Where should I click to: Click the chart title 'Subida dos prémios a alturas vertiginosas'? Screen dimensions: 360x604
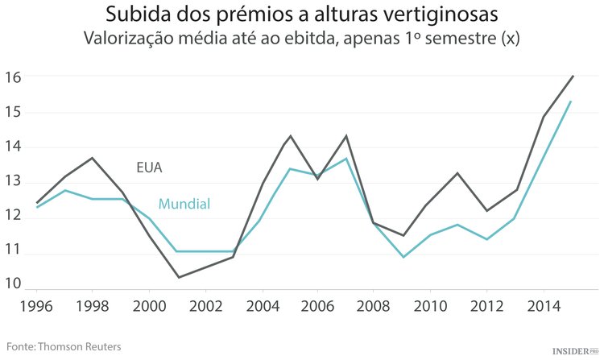(x=302, y=14)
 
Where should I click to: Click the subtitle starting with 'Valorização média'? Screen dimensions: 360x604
(x=302, y=39)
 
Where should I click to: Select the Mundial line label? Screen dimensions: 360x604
(x=184, y=204)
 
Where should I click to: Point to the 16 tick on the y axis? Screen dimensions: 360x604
(x=12, y=77)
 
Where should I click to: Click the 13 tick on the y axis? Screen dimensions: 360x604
(x=12, y=184)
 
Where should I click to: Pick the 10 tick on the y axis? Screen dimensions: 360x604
(x=12, y=284)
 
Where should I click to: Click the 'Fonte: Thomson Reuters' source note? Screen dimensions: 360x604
(x=62, y=346)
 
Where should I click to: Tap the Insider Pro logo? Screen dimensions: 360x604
(x=575, y=351)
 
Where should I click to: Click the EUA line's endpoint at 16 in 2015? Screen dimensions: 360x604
(x=573, y=76)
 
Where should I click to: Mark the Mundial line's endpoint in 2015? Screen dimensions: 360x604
(x=571, y=101)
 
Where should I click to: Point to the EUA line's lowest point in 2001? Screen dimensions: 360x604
(x=177, y=278)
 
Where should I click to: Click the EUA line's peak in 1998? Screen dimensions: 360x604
(x=93, y=158)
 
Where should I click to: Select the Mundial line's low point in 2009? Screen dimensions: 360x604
(x=402, y=257)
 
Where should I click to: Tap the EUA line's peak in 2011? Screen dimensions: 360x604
(x=457, y=173)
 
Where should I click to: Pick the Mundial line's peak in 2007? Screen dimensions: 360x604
(x=345, y=159)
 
